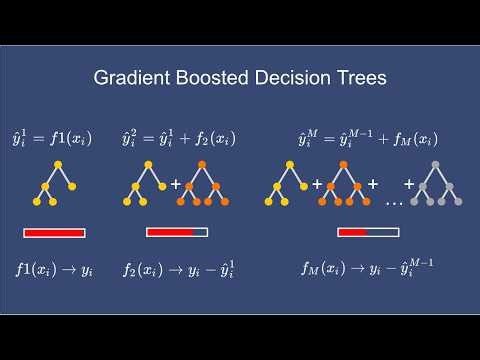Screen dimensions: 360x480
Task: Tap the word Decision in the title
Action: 294,77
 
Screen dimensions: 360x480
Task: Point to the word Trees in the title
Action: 362,77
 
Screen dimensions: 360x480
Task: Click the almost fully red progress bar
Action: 54,233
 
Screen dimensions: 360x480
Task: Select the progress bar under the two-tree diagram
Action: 177,233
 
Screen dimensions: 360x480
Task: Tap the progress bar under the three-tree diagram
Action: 368,233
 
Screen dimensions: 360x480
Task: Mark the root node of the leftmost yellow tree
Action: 57,164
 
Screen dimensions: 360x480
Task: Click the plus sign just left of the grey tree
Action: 409,185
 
